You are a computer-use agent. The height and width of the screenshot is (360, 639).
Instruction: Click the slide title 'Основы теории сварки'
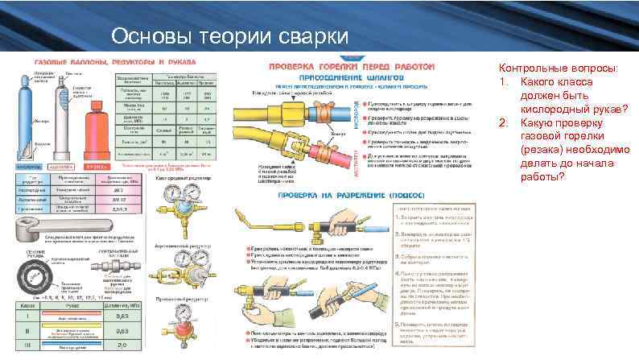(x=229, y=36)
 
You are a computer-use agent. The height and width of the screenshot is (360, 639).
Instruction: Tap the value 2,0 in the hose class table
(x=124, y=347)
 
